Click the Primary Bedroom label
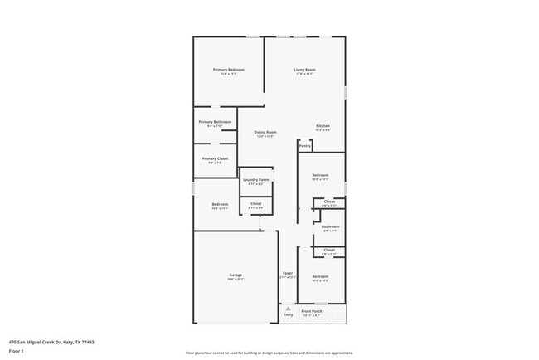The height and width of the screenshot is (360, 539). coord(228,70)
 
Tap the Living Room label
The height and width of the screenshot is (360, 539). coord(304,70)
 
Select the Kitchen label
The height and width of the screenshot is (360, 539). coord(323,126)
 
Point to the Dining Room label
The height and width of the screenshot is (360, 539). coord(265,132)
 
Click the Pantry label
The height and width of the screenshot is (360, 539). coord(305,146)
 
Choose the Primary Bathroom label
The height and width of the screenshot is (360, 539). coord(215,122)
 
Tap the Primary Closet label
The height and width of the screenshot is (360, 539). coord(215,158)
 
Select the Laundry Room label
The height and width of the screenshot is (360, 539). coord(255,180)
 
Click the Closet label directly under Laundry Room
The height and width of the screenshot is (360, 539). coord(255,203)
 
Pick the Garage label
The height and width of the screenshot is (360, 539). coord(236,275)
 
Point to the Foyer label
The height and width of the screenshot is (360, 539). coord(288,273)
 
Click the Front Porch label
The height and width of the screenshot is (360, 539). coord(312,312)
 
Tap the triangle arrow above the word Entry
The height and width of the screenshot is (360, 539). coord(288,308)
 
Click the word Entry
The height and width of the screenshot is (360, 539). coord(288,315)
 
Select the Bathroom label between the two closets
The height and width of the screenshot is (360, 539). coord(330,226)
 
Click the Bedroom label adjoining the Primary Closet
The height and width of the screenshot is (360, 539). coord(220,204)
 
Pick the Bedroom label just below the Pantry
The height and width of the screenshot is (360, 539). coord(320,175)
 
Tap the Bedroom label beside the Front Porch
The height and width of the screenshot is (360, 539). coord(320,276)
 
